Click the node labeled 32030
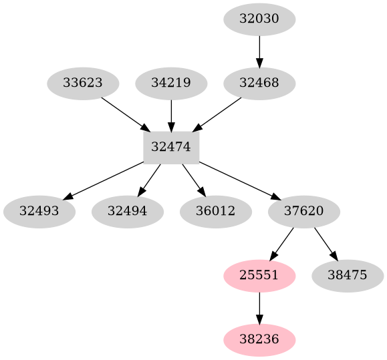point(259,19)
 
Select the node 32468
point(259,83)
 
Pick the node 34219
point(171,83)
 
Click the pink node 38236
point(259,340)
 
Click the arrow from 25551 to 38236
point(259,308)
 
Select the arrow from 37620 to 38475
point(326,244)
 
